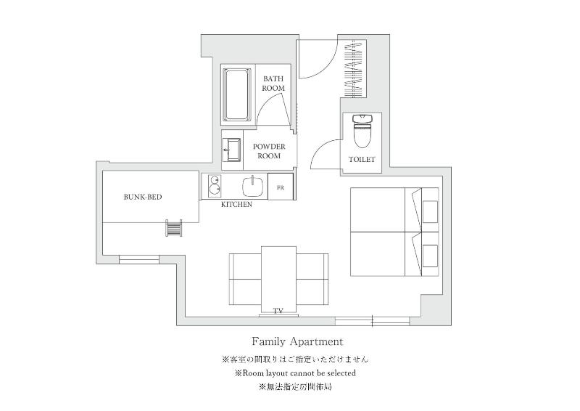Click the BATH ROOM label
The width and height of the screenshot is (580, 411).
click(273, 84)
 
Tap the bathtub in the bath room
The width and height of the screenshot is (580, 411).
click(237, 94)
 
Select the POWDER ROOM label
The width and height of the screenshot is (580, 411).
click(269, 151)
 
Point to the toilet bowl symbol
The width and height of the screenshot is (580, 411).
click(362, 131)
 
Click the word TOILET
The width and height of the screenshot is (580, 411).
click(362, 159)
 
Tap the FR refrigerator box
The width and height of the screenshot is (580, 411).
click(281, 187)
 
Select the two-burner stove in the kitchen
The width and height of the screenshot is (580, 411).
click(214, 186)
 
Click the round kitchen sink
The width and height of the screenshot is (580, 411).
click(253, 187)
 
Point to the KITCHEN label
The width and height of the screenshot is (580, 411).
click(237, 204)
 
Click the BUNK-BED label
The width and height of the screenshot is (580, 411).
click(143, 197)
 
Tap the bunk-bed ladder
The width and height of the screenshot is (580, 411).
click(173, 227)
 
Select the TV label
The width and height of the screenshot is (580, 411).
click(278, 311)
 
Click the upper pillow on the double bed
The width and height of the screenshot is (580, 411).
click(430, 211)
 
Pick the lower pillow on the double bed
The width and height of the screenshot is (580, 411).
click(430, 256)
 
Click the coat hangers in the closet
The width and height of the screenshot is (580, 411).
click(355, 70)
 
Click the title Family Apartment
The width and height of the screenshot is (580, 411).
click(297, 341)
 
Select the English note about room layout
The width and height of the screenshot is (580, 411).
click(295, 373)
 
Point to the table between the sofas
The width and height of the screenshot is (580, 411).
click(278, 280)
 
